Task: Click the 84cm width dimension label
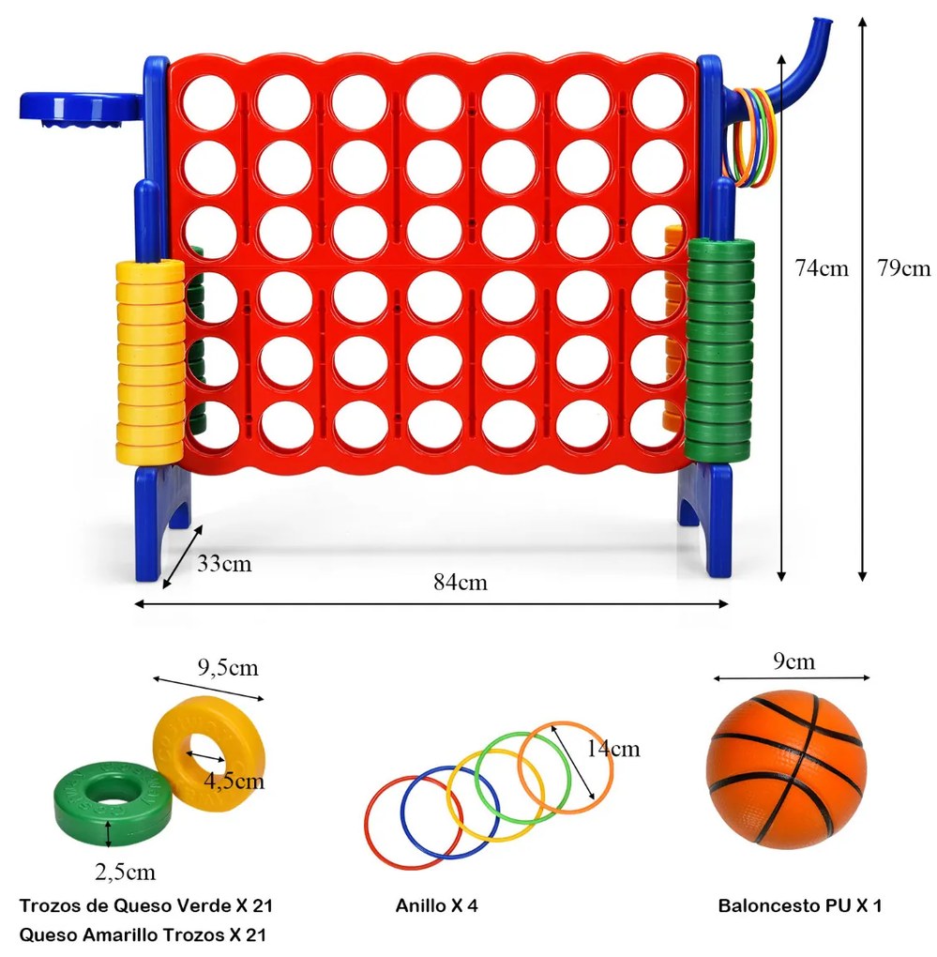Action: [461, 583]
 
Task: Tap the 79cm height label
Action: [904, 268]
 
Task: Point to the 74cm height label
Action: [822, 268]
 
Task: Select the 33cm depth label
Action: [224, 563]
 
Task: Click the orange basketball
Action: [787, 769]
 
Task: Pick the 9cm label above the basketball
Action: [793, 661]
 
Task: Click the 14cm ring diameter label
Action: [613, 749]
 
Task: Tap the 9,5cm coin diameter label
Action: [228, 668]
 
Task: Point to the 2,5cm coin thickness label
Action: [125, 873]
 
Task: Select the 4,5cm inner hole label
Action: [234, 782]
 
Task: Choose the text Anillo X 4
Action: [437, 905]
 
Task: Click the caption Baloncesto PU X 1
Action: [800, 905]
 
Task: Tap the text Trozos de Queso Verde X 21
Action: [145, 905]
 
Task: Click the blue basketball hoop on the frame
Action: [83, 110]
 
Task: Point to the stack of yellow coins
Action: [150, 360]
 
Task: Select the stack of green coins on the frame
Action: [719, 350]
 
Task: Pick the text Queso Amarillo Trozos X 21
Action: [143, 935]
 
